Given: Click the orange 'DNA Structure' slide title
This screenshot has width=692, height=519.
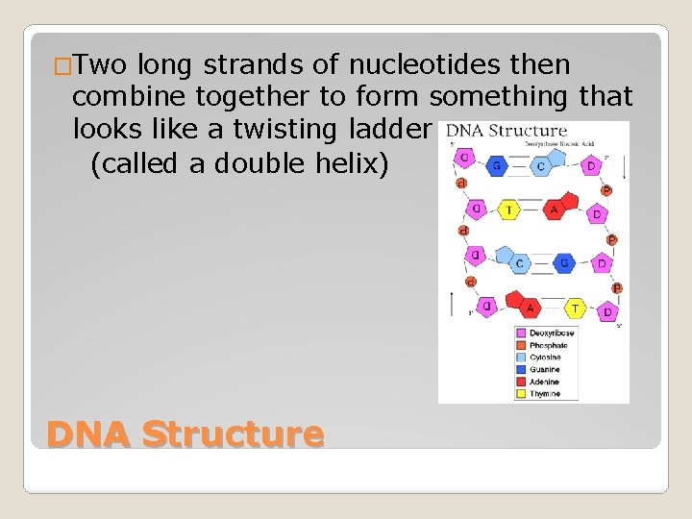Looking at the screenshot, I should (185, 433).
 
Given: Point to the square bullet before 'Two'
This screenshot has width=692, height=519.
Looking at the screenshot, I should (62, 67).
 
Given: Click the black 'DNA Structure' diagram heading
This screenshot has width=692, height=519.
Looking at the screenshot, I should (507, 131).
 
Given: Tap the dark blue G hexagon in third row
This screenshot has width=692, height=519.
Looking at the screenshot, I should (565, 262).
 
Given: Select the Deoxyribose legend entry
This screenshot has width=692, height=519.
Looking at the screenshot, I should (550, 334).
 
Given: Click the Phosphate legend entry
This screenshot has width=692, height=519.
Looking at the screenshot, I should (548, 346).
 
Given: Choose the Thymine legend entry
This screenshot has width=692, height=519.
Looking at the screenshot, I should (545, 394).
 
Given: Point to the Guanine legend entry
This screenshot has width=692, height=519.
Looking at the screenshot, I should (545, 370).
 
